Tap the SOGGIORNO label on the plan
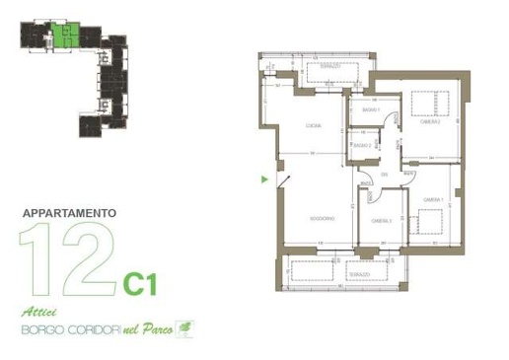(x=321, y=218)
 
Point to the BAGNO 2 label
(x=362, y=146)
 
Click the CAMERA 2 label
(x=428, y=121)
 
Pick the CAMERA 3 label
(x=381, y=221)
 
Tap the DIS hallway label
(x=386, y=175)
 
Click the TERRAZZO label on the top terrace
(x=327, y=66)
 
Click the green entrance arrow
(x=263, y=180)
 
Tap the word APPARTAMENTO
(x=69, y=212)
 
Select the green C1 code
(x=140, y=284)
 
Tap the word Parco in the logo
(x=155, y=330)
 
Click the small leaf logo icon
(x=183, y=328)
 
